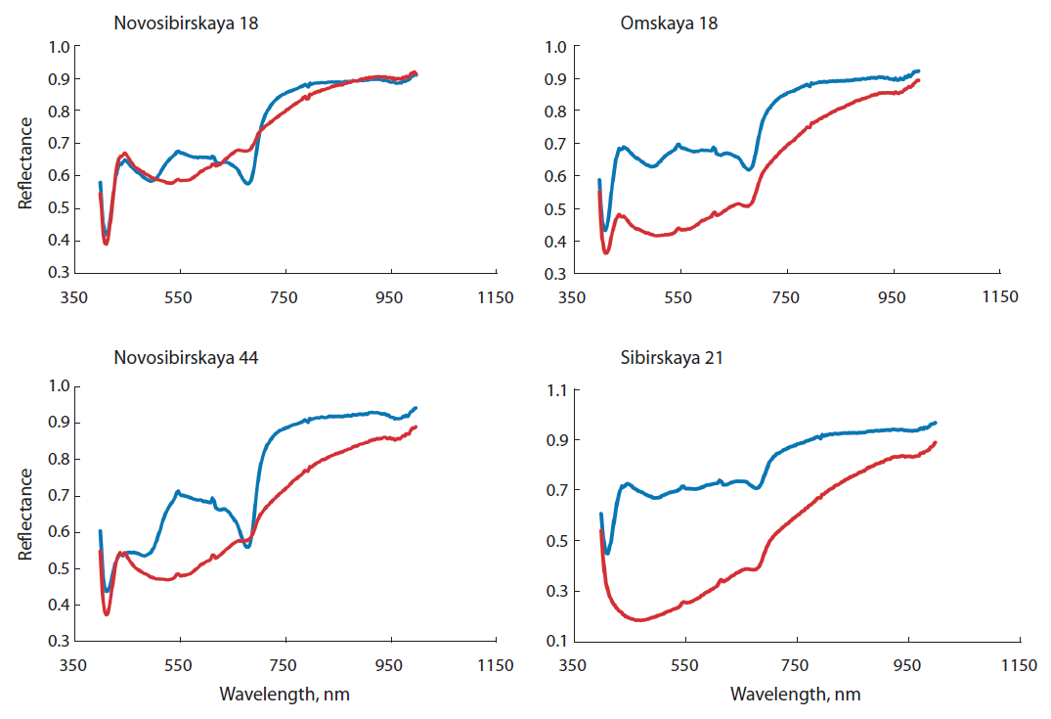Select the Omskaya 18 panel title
coord(669,22)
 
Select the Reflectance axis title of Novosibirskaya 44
coord(26,514)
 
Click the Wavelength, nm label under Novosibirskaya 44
coord(284,695)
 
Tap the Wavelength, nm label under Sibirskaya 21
coord(796,695)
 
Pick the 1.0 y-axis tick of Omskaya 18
coord(557,46)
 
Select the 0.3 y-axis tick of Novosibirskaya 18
coord(59,273)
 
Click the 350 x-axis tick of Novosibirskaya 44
coord(72,665)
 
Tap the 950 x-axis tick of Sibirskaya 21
coord(908,665)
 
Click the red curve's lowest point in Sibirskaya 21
coord(640,620)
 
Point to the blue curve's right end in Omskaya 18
coord(918,71)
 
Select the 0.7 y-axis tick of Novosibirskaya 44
coord(59,496)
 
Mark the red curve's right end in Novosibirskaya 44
coord(416,427)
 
